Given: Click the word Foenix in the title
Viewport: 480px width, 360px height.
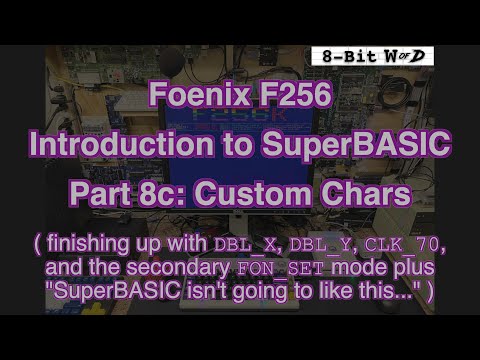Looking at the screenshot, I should (191, 99).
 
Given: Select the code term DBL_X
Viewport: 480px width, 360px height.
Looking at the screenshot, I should (241, 243).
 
